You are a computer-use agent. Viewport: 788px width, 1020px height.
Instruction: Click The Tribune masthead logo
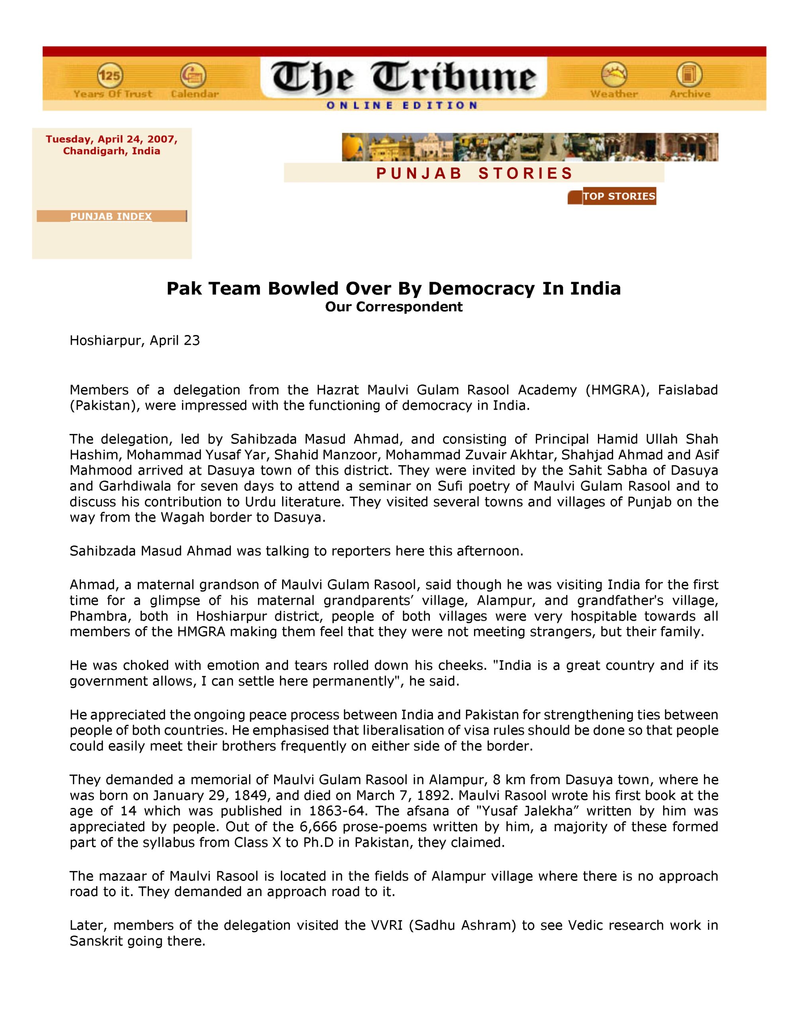(404, 76)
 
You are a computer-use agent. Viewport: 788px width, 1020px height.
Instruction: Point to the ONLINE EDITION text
(402, 105)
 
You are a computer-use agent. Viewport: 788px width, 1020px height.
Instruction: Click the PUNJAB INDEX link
(111, 216)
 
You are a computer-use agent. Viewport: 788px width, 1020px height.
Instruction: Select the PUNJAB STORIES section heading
(474, 173)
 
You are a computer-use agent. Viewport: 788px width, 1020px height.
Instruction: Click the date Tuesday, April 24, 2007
(112, 139)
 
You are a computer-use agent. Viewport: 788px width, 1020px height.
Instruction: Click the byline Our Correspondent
(394, 307)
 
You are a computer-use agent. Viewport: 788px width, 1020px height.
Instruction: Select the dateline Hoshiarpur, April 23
(135, 341)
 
